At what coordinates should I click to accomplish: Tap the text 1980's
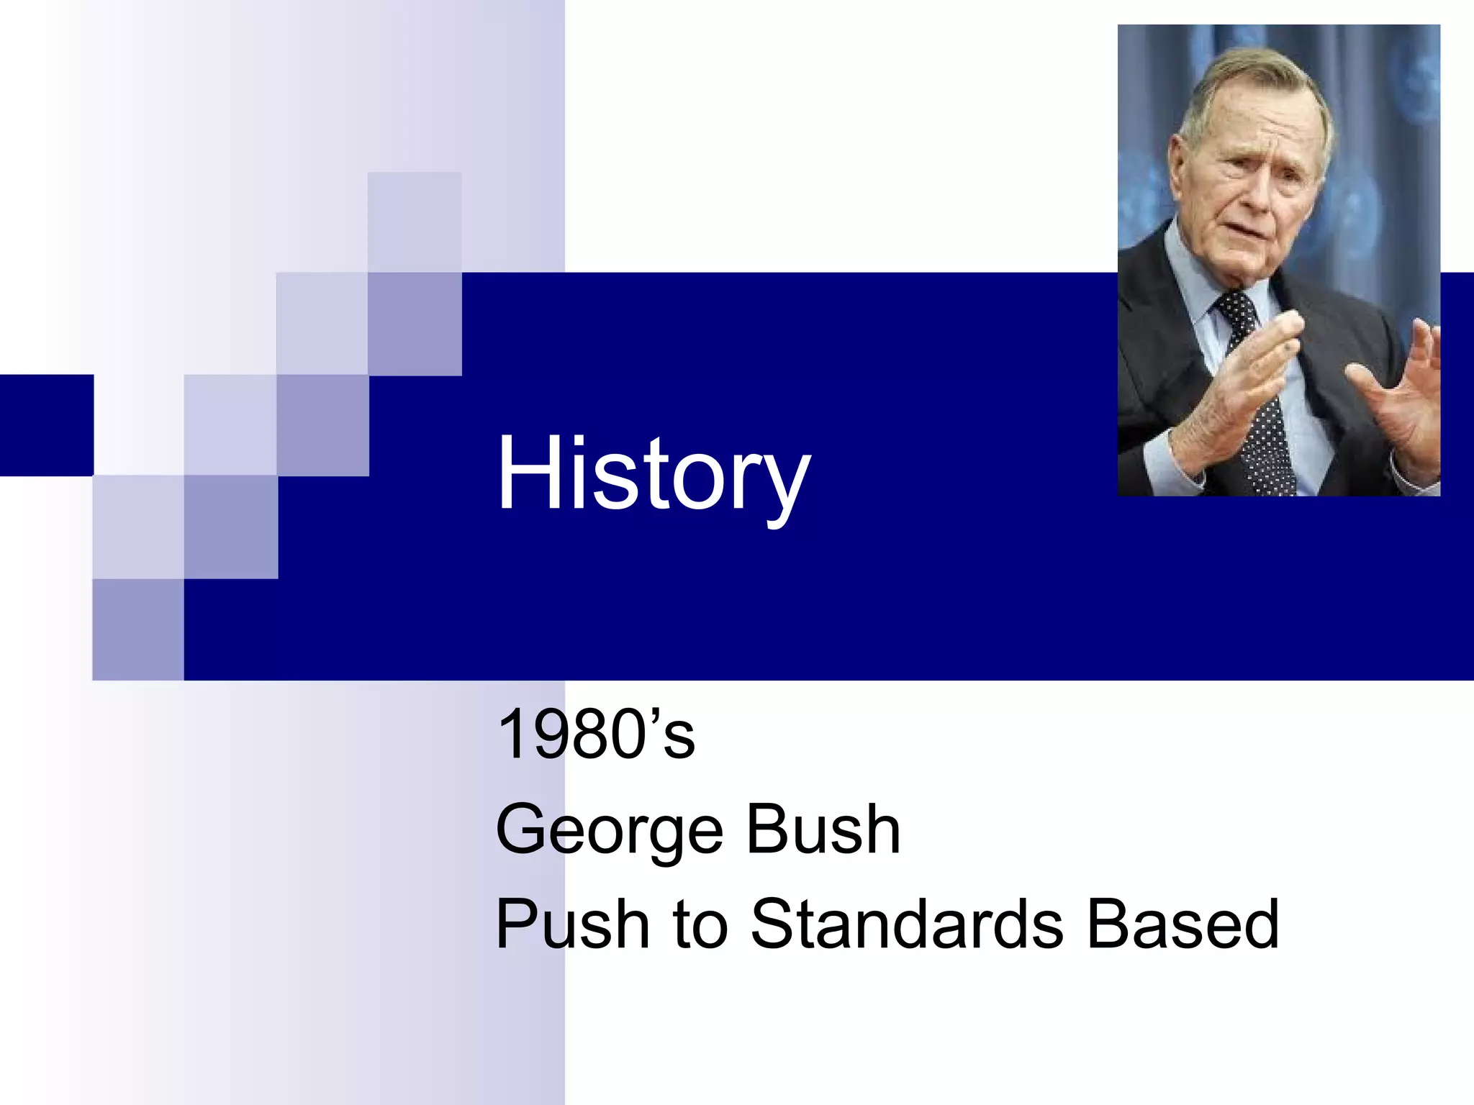[x=596, y=735]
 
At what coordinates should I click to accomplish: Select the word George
[x=609, y=831]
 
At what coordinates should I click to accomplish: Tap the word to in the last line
[x=700, y=926]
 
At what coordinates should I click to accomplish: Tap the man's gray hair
[x=1245, y=79]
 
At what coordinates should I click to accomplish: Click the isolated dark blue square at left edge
[x=46, y=424]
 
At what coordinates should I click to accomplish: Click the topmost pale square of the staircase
[x=415, y=222]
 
